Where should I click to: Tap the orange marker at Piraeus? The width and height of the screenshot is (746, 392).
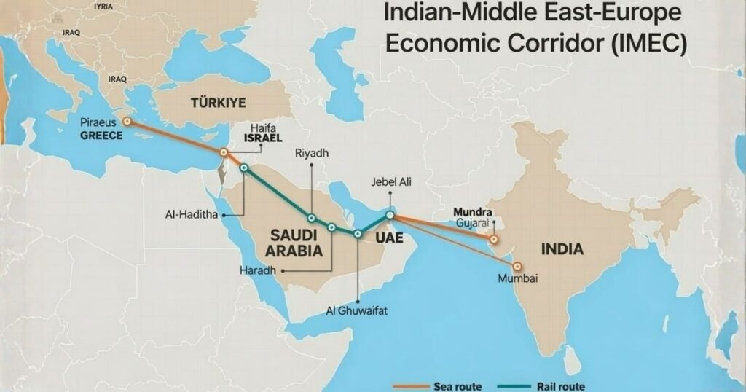coord(127,122)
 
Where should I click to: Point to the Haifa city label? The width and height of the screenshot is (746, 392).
coord(263,126)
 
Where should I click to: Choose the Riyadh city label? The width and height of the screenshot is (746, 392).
coord(312,154)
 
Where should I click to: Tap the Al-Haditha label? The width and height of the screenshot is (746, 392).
coord(192,215)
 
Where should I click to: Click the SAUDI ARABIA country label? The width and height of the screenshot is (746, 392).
coord(296,243)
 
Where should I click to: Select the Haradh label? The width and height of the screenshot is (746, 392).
coord(258,270)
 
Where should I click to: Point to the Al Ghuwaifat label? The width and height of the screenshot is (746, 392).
coord(358,311)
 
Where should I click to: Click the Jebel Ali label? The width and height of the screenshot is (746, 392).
coord(391,182)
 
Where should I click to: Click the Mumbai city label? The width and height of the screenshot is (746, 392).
coord(517,278)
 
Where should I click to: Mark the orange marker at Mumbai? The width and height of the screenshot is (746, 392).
coord(518,267)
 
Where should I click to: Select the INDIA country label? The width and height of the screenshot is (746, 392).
coord(562,249)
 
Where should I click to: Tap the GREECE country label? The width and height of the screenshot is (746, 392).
coord(101,136)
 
